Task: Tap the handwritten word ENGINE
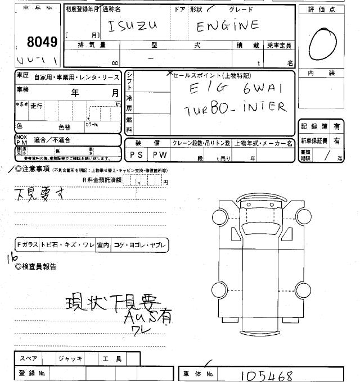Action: tap(227, 26)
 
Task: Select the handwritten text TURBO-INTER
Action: tap(235, 108)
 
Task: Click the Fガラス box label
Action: tap(27, 244)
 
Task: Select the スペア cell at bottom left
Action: tap(29, 358)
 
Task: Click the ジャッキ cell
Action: tap(70, 358)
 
